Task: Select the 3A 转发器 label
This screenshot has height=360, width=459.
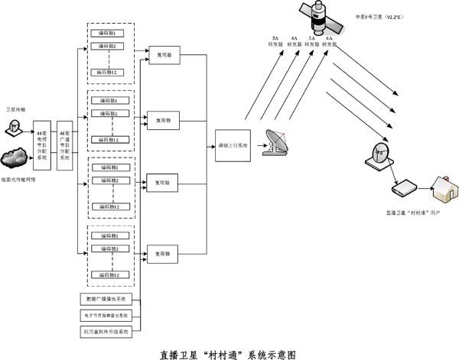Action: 275,41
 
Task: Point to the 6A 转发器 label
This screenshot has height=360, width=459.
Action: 329,41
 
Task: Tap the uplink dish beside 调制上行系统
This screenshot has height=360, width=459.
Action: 276,143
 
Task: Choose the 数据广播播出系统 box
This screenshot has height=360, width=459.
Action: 106,298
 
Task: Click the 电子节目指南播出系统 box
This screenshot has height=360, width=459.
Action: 106,314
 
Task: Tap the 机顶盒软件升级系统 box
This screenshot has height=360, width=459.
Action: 106,332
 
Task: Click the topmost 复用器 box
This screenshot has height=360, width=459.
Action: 163,57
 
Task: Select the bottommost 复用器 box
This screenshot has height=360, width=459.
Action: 163,252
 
